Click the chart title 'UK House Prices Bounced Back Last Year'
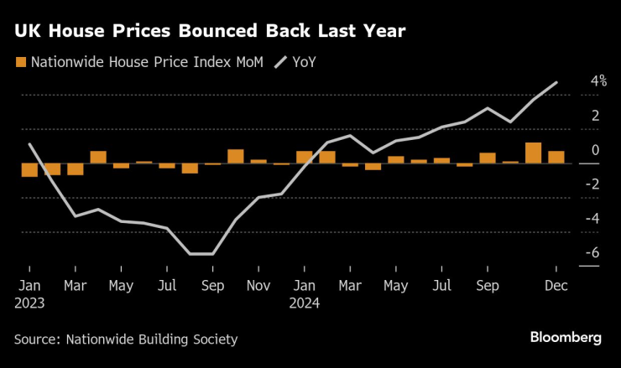[x=210, y=32]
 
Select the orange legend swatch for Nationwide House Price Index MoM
[x=20, y=61]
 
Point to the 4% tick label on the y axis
[x=575, y=81]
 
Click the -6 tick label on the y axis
[x=572, y=252]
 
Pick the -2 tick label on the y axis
[x=572, y=184]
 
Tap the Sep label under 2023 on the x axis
[x=213, y=286]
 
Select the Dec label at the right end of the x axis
[x=556, y=286]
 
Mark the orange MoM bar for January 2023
[x=29, y=170]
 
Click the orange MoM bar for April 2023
[x=98, y=157]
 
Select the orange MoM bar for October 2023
[x=236, y=157]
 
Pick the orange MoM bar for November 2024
[x=534, y=153]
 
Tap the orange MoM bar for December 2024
[x=556, y=157]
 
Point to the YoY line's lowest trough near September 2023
[x=201, y=253]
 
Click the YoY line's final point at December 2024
[x=556, y=82]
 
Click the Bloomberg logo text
[x=566, y=337]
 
